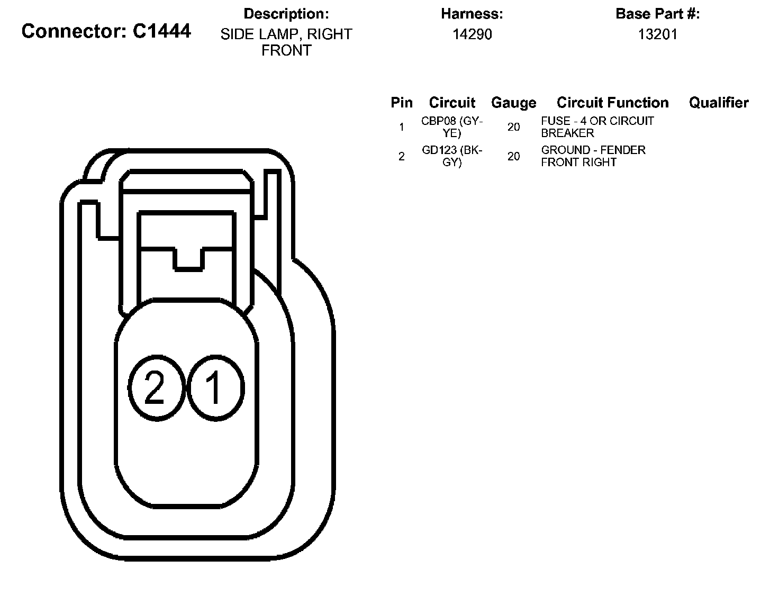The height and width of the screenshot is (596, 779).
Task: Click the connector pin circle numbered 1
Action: click(x=215, y=388)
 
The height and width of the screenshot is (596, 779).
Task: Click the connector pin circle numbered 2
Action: click(x=155, y=388)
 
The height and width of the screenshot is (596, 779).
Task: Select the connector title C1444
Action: click(x=106, y=31)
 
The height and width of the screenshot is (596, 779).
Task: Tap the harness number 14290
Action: click(x=472, y=34)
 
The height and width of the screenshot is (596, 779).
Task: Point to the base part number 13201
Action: click(x=657, y=34)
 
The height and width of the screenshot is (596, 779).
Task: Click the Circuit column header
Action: click(x=452, y=103)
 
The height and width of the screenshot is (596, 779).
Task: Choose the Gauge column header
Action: click(x=513, y=103)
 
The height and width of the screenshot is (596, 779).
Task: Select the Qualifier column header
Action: click(x=719, y=103)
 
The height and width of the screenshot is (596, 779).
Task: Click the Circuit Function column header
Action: click(x=612, y=103)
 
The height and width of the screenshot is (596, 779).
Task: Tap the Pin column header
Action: click(x=402, y=103)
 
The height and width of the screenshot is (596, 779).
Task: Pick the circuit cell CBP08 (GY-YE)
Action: click(x=452, y=127)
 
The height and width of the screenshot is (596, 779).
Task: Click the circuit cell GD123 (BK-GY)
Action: click(x=452, y=156)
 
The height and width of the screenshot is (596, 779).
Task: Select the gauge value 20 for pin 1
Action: click(x=513, y=127)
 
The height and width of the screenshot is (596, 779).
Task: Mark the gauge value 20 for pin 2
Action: click(x=513, y=156)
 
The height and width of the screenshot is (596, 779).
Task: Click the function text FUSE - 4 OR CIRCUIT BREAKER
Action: click(x=597, y=127)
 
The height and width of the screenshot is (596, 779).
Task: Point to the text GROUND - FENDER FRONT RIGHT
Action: click(x=593, y=156)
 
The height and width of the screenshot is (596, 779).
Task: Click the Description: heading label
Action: click(x=286, y=14)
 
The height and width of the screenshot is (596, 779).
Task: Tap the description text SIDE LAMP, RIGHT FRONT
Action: click(x=286, y=42)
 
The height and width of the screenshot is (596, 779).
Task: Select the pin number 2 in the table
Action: click(x=402, y=157)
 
